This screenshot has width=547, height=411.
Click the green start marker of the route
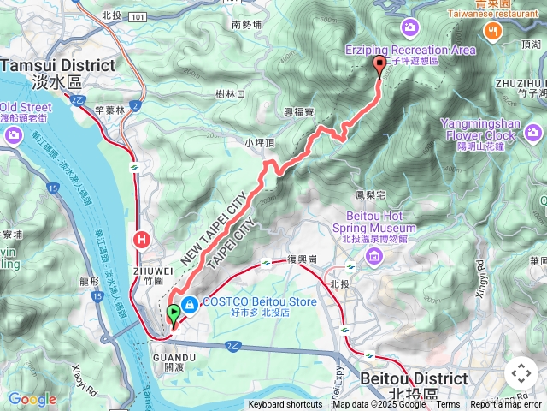174,314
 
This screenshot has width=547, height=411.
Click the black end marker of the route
379,68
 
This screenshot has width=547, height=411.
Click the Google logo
32,399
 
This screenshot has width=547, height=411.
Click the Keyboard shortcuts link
285,405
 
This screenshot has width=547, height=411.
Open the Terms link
448,405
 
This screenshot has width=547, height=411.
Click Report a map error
507,405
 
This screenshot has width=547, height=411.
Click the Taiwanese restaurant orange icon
493,31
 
